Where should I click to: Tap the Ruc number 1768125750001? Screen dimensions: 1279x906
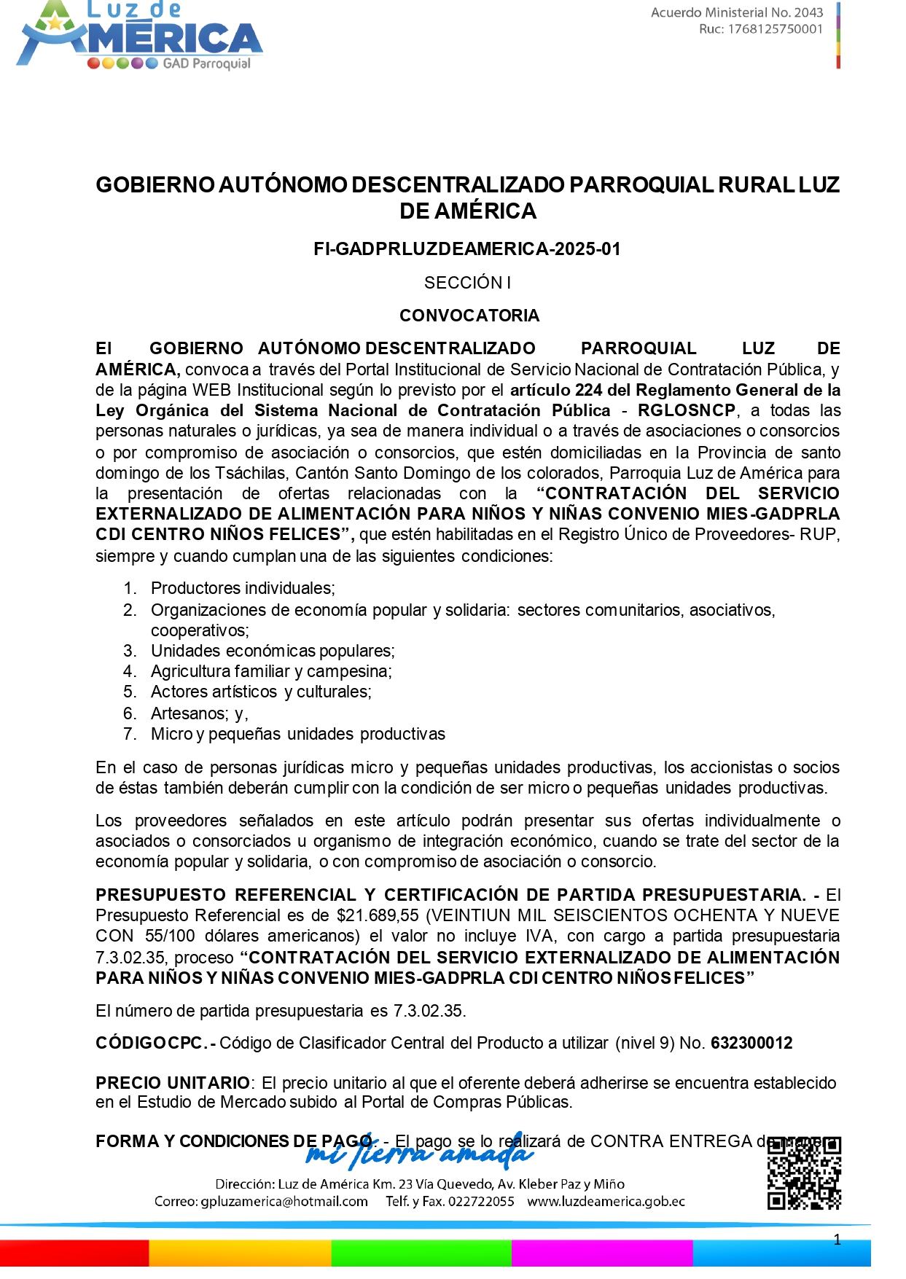click(775, 29)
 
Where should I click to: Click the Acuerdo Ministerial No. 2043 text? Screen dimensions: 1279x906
click(736, 12)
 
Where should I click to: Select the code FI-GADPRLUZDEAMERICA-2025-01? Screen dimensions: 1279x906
click(467, 249)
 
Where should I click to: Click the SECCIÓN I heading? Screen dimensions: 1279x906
click(467, 283)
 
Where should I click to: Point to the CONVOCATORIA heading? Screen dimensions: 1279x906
click(469, 316)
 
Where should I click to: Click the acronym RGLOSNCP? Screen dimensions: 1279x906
click(686, 410)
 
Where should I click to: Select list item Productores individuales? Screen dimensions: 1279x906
click(243, 588)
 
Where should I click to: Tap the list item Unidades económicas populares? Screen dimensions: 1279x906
click(273, 651)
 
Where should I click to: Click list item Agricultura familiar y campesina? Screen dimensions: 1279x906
click(271, 671)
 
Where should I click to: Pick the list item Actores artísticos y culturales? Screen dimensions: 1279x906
click(261, 692)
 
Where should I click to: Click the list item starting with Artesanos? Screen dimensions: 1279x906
click(199, 713)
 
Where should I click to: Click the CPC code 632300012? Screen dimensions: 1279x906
click(751, 1043)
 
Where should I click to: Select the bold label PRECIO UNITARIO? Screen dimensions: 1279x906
click(173, 1083)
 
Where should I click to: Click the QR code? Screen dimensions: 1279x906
click(804, 1173)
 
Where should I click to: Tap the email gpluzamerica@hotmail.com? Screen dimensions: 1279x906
click(284, 1202)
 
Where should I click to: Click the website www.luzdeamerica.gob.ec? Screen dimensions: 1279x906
click(606, 1202)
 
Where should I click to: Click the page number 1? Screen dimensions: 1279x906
click(837, 1240)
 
